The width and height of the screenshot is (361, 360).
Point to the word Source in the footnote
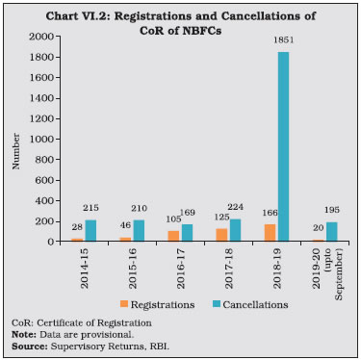tap(29, 346)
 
